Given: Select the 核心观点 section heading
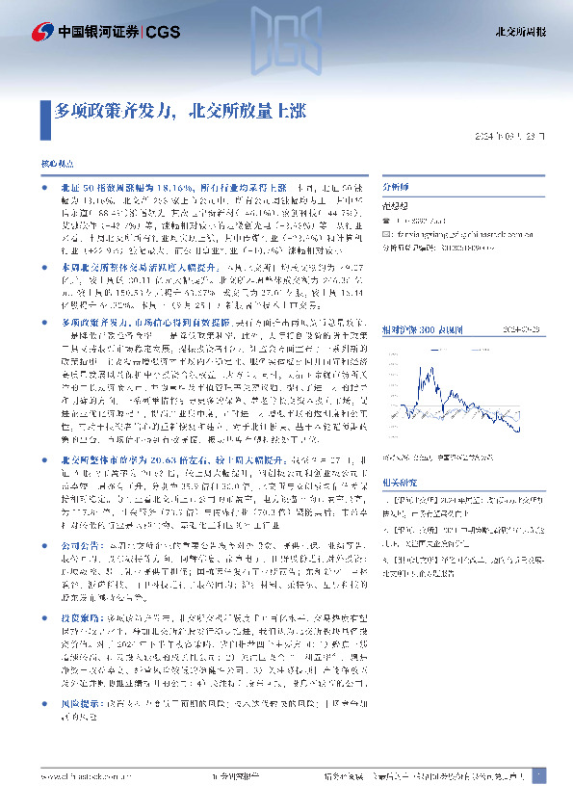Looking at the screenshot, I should coord(56,166).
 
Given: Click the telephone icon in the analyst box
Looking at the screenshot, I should coord(387,221).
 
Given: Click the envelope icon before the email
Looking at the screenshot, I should coord(387,233).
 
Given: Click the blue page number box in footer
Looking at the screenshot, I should coord(539,776).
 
